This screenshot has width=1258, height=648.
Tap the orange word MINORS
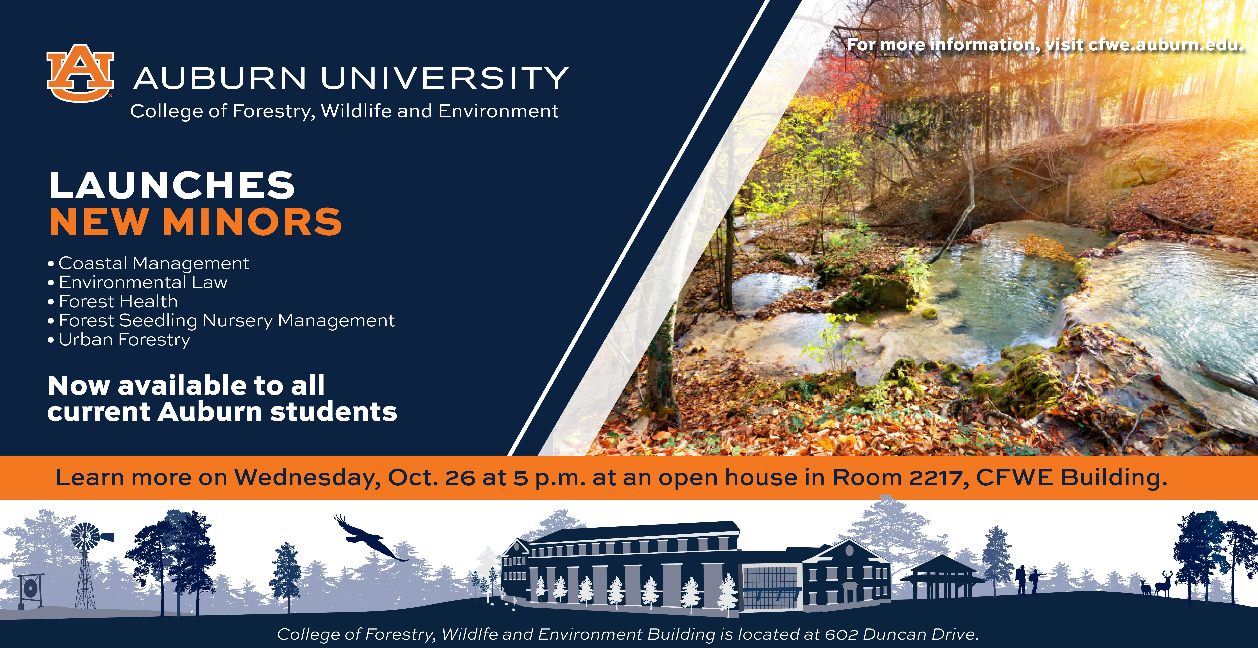click(252, 222)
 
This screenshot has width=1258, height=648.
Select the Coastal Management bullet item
click(149, 263)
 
